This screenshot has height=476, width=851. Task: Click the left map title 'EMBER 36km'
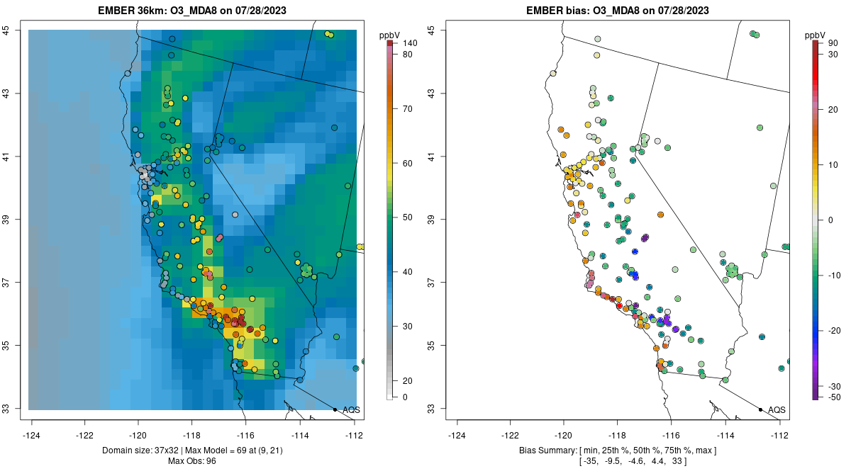tap(132, 11)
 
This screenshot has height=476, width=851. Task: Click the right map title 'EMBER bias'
tap(557, 11)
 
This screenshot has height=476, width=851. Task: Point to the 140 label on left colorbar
tap(409, 44)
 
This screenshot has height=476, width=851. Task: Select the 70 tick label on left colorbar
tap(408, 109)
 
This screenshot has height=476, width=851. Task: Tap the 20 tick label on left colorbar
tap(408, 381)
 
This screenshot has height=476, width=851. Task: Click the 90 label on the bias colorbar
tap(834, 44)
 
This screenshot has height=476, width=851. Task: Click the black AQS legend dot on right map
tap(760, 409)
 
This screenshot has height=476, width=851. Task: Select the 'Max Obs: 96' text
tap(192, 461)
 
